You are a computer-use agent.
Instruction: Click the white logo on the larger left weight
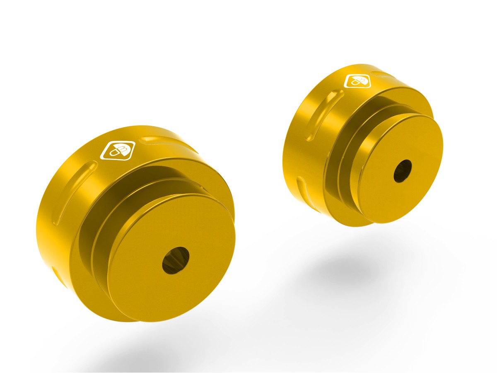point(118,150)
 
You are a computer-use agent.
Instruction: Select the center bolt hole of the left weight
point(176,260)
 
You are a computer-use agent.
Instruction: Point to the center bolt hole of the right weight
point(403,170)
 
